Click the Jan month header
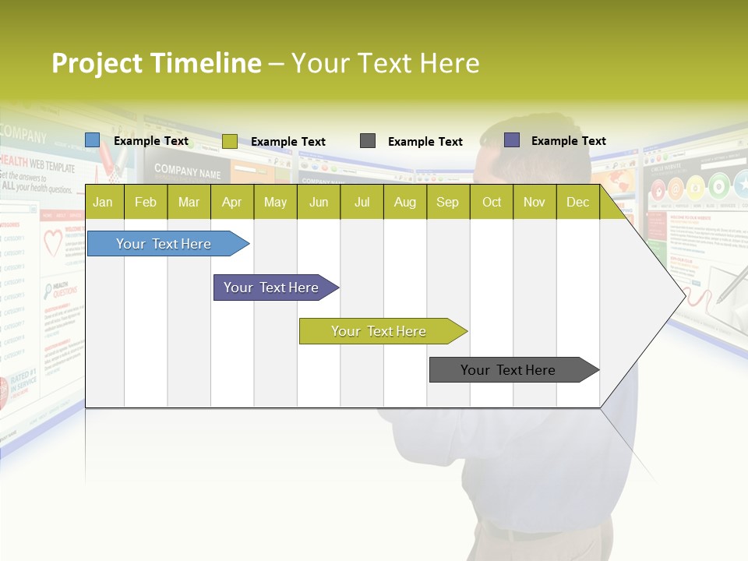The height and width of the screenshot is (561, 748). click(x=103, y=203)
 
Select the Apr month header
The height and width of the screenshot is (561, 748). click(x=232, y=203)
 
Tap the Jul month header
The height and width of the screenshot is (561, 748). click(x=362, y=203)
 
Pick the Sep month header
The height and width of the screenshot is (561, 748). click(x=447, y=203)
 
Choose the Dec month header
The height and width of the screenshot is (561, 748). click(x=577, y=203)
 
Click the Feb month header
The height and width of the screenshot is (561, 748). click(x=146, y=203)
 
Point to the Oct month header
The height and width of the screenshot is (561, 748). click(x=492, y=203)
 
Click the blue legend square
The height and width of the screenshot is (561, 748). click(x=93, y=140)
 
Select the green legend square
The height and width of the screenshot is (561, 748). click(x=230, y=141)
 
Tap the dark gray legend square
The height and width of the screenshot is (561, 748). click(x=368, y=140)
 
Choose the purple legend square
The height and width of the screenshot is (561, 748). click(x=512, y=140)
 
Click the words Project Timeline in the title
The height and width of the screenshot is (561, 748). click(x=156, y=63)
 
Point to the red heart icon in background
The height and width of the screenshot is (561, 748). click(x=52, y=243)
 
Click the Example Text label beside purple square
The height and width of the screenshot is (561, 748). click(x=568, y=141)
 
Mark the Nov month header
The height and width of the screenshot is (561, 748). click(x=535, y=203)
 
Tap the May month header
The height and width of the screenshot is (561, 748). click(x=275, y=203)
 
